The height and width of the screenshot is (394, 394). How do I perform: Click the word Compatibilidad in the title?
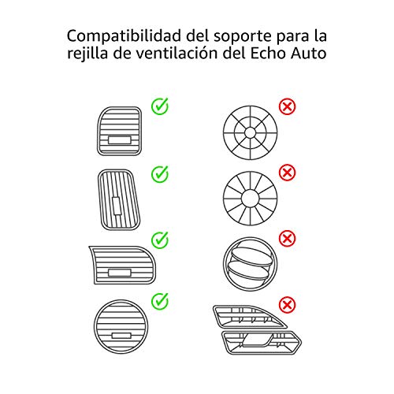[x=124, y=36]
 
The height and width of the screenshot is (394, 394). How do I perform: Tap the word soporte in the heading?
[x=242, y=37]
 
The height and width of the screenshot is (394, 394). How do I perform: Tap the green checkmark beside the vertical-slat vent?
[x=160, y=174]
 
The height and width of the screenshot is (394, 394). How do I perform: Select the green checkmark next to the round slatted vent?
[x=160, y=301]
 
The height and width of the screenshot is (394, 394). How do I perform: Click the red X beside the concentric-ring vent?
[x=287, y=106]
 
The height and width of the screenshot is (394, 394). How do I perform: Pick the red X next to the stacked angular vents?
[x=287, y=305]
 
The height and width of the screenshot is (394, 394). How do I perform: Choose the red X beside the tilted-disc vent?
[x=287, y=239]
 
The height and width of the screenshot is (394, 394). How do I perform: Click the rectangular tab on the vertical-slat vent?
[x=117, y=206]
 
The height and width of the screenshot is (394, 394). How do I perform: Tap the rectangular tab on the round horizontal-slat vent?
[x=121, y=336]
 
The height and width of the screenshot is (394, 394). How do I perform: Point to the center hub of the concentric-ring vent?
[x=250, y=132]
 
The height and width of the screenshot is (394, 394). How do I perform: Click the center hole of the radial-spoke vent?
[x=250, y=199]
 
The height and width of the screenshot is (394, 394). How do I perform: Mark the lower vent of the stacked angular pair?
[x=262, y=343]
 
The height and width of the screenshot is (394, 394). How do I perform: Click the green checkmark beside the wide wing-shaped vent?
[x=160, y=240]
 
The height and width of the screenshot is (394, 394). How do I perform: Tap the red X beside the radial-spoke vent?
[x=287, y=173]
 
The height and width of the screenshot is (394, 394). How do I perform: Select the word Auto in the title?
[x=309, y=54]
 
